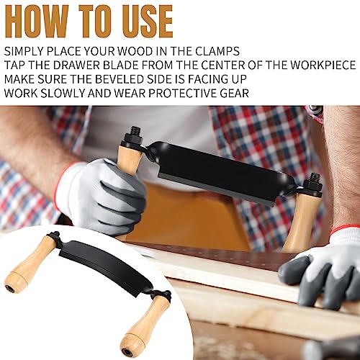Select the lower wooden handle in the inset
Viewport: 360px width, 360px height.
[x=145, y=325]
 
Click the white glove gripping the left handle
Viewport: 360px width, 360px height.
[x=101, y=194]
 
